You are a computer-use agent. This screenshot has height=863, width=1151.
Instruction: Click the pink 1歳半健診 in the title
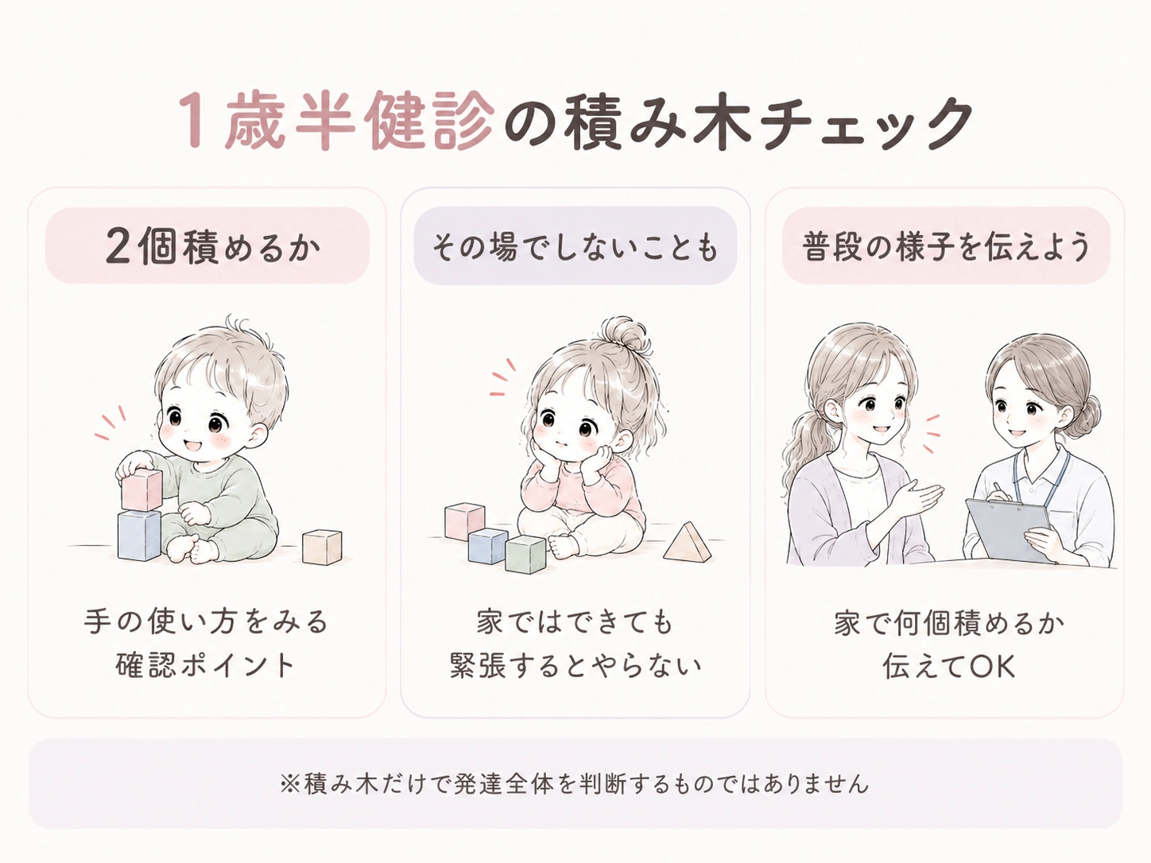336,122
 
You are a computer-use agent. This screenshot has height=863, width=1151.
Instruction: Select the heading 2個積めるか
212,246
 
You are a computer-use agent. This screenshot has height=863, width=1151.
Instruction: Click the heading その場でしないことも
575,247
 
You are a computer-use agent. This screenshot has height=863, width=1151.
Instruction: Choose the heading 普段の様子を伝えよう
946,246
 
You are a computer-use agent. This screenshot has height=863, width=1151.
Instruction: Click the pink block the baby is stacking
141,489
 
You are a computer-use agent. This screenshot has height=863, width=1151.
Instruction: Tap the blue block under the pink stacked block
139,535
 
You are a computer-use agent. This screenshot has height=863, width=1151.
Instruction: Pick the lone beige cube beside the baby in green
322,547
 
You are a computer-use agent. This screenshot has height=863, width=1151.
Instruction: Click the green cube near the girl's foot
525,555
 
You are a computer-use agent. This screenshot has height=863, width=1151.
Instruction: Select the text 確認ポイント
204,665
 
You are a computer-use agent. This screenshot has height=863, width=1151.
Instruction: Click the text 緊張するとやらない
575,665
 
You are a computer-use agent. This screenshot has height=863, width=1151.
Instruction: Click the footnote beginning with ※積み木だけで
575,784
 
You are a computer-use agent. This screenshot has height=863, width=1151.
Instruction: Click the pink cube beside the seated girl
464,521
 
